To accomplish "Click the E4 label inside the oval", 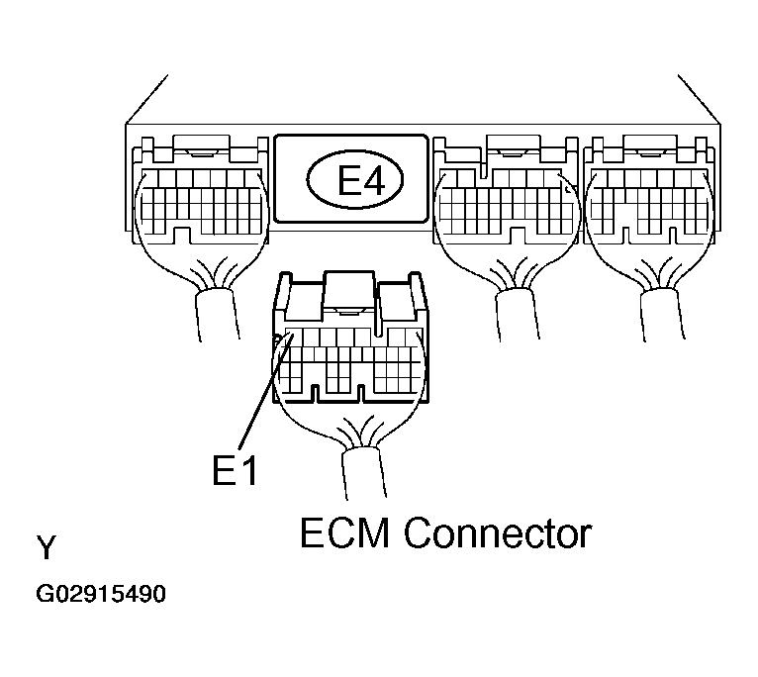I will click(x=352, y=181).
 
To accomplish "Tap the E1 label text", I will click(x=235, y=470).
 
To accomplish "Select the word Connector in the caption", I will click(x=498, y=534).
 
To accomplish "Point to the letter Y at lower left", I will click(x=46, y=546).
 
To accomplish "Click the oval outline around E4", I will click(x=310, y=181).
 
